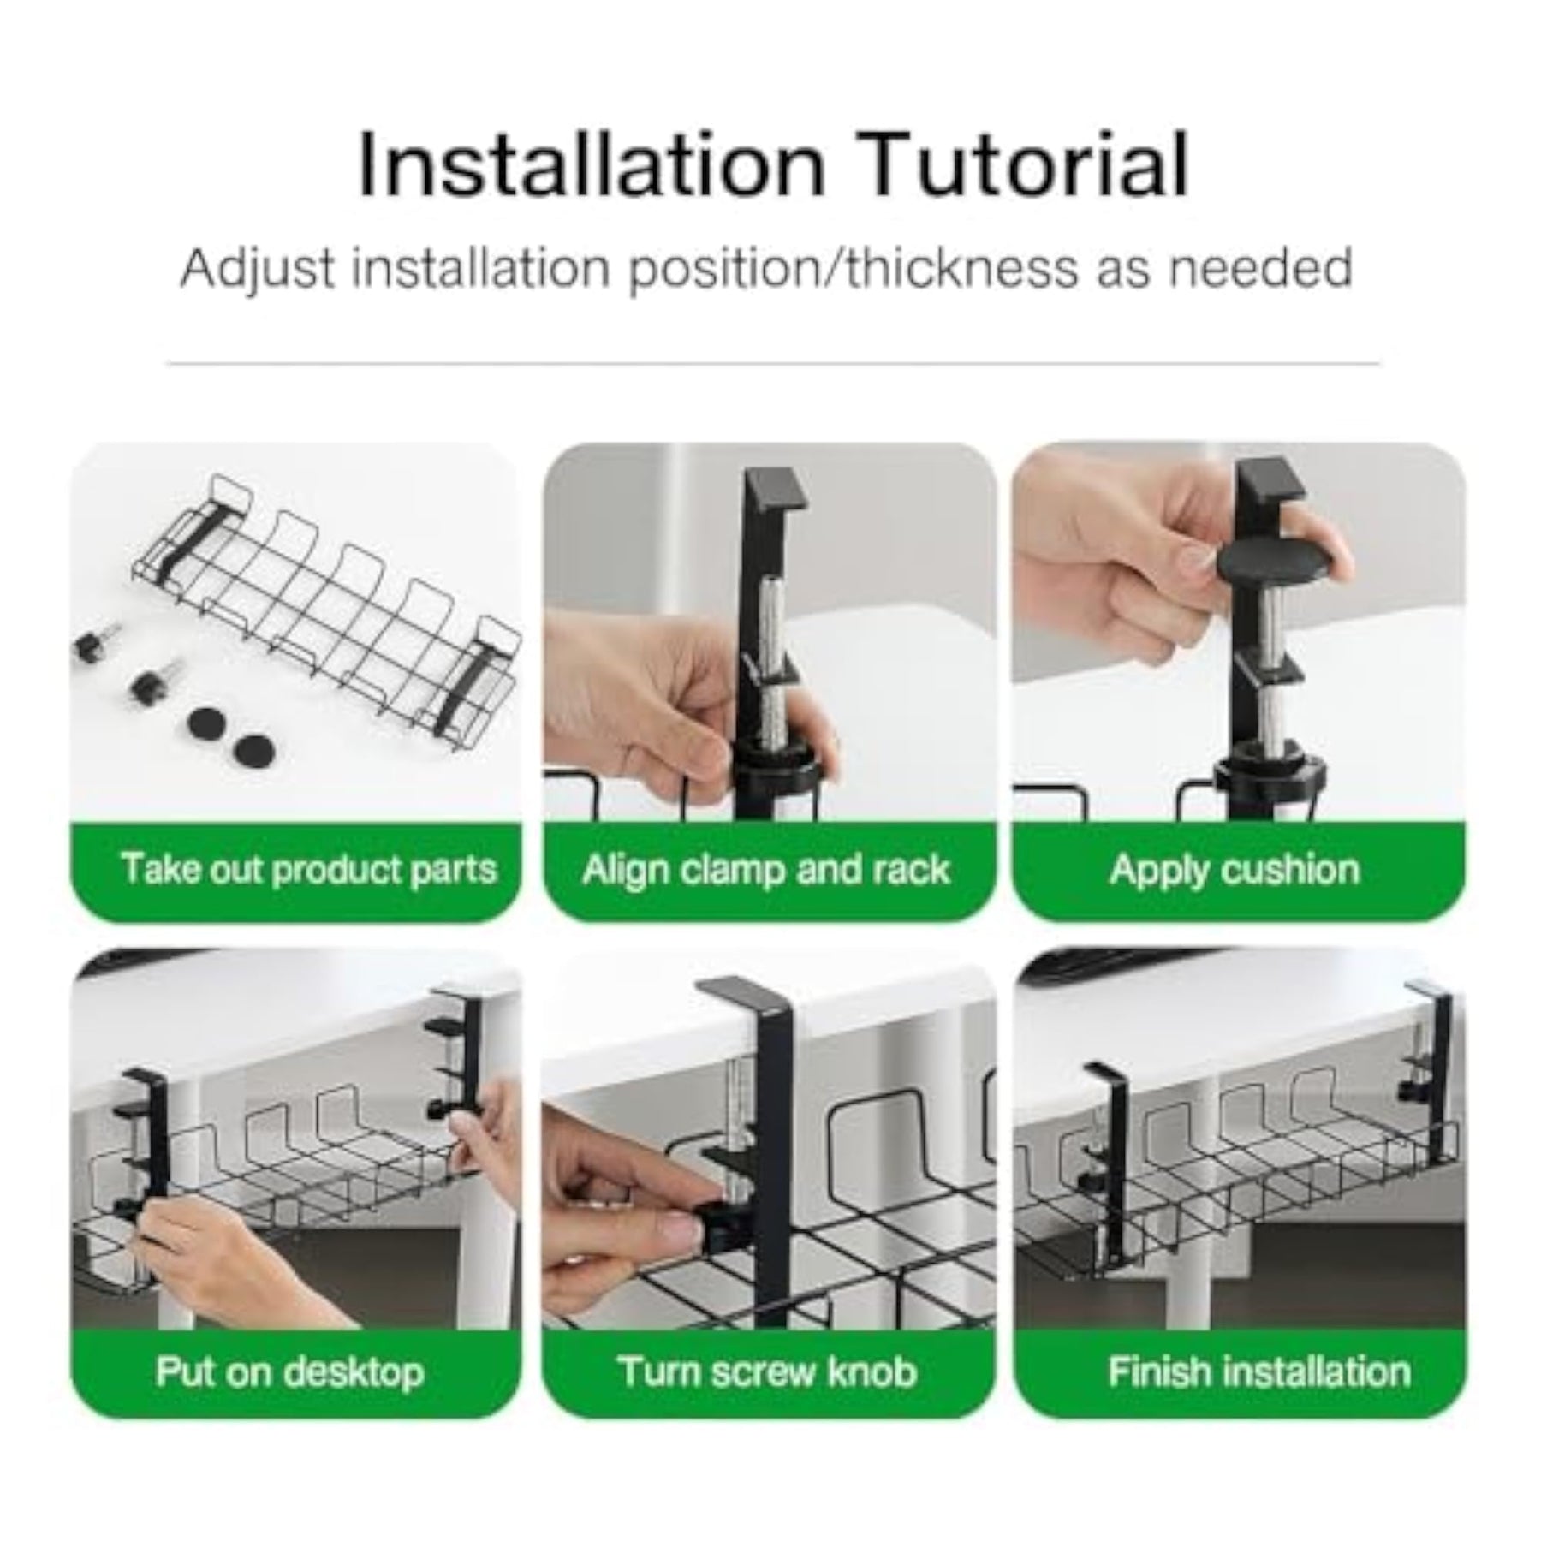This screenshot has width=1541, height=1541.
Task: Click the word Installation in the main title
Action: [592, 164]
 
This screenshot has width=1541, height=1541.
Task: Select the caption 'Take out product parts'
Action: [309, 868]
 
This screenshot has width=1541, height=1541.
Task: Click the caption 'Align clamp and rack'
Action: [765, 869]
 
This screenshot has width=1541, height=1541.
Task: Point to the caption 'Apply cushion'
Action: [1235, 870]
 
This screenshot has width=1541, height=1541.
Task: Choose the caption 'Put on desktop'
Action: [289, 1371]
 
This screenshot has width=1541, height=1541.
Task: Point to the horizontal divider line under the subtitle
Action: [773, 364]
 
